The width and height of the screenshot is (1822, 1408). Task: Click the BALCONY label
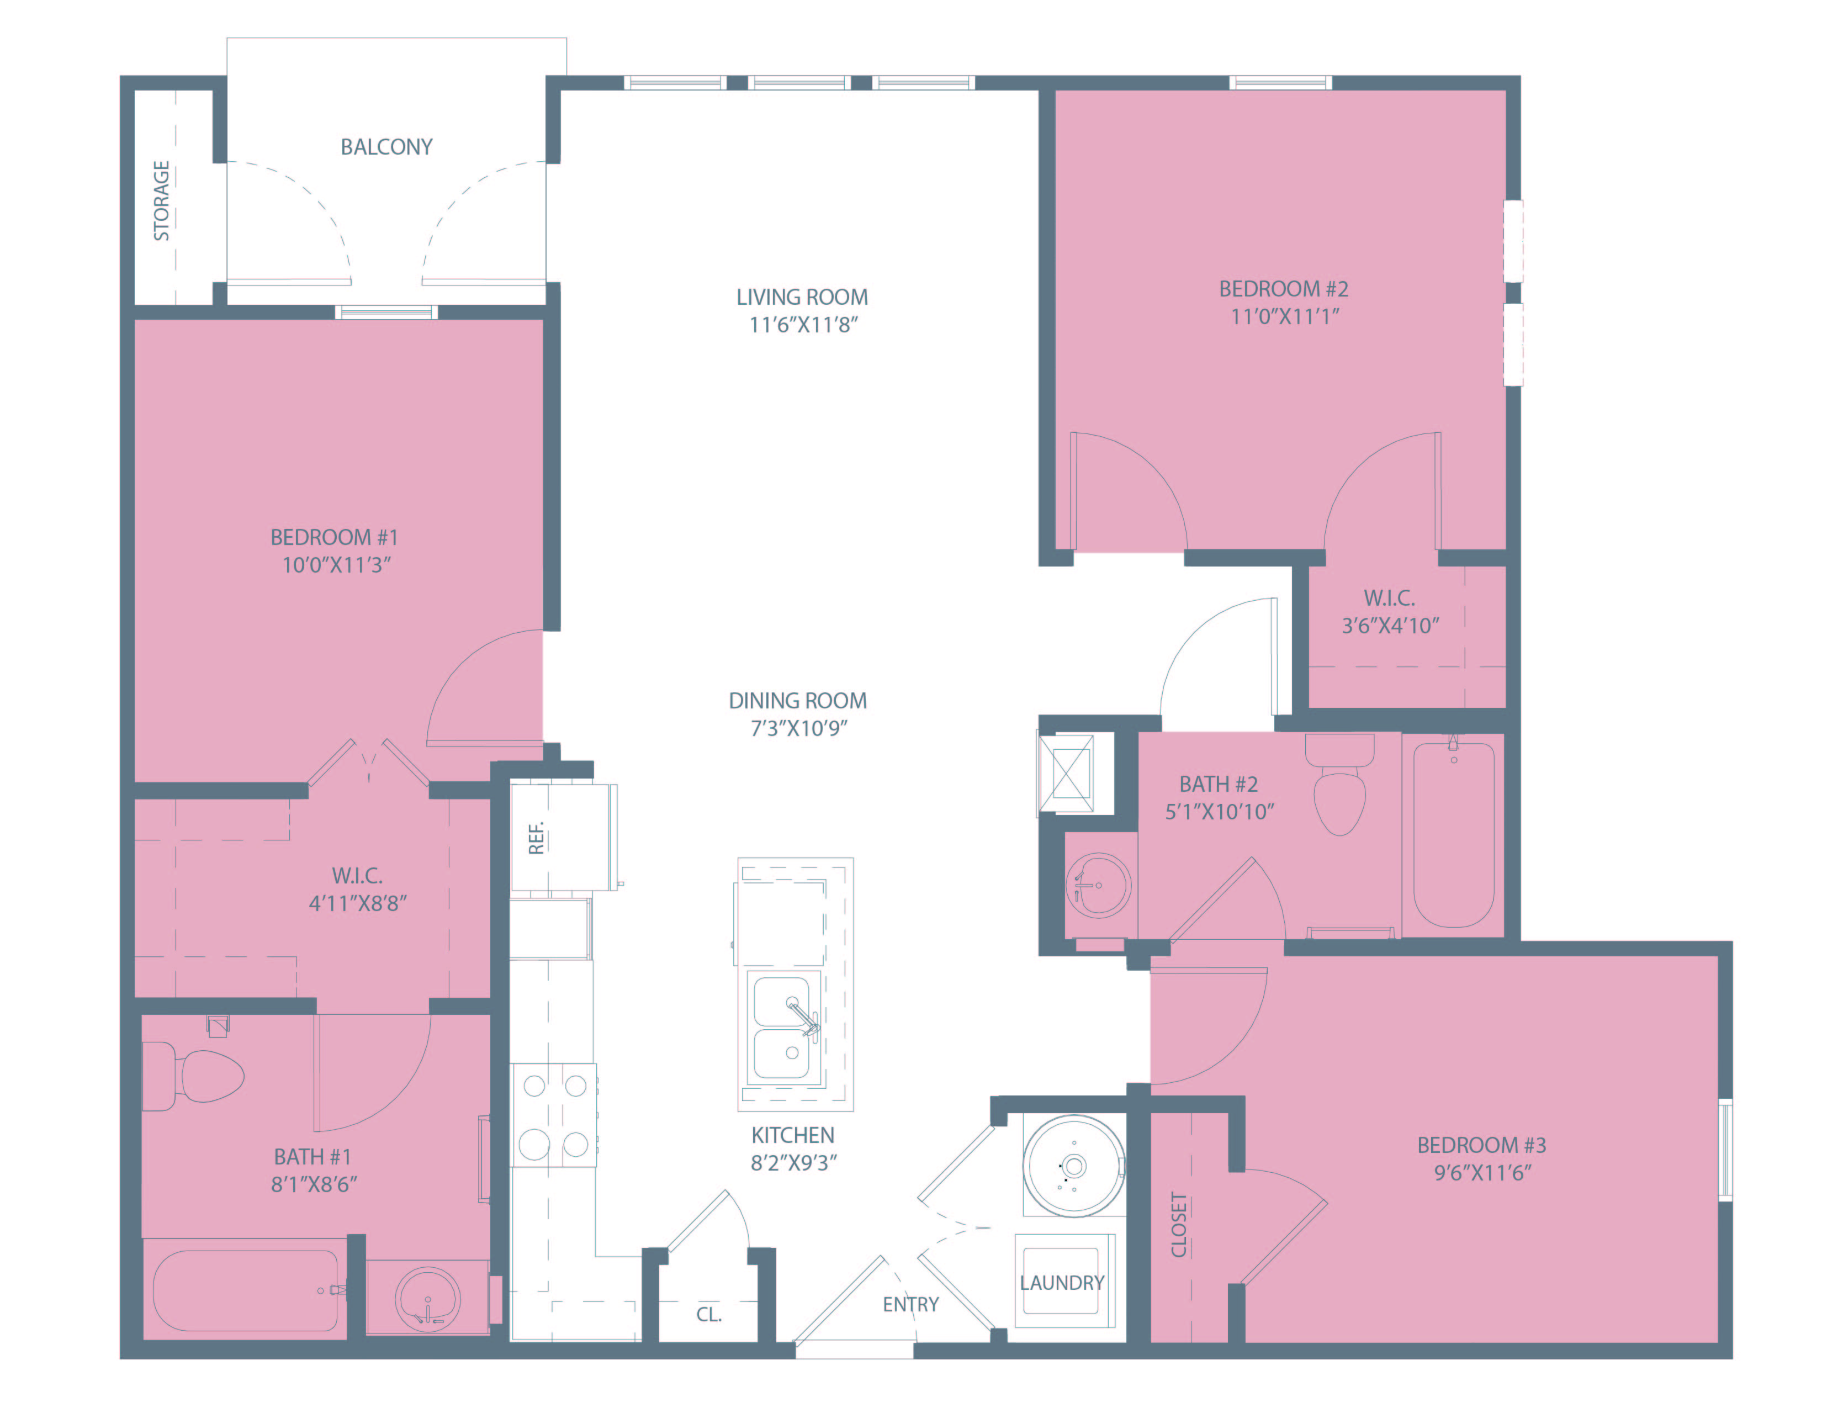click(386, 147)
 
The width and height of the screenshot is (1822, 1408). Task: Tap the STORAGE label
click(161, 201)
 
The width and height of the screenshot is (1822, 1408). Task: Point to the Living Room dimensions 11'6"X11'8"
click(803, 325)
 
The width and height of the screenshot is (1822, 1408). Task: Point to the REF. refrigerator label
click(537, 838)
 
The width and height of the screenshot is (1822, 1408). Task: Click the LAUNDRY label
click(1062, 1283)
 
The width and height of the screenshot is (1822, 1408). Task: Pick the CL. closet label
click(709, 1315)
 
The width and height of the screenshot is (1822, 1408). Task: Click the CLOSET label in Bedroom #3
click(1179, 1225)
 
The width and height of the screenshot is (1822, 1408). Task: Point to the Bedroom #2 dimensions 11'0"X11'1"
click(1285, 316)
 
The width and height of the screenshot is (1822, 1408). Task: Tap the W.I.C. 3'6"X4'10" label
click(1390, 611)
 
